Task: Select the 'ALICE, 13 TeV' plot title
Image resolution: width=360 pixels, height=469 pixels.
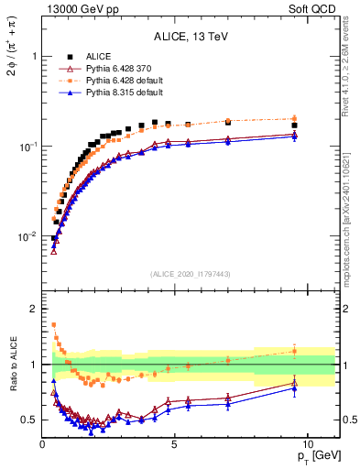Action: click(x=191, y=37)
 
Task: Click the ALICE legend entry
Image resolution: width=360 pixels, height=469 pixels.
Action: click(x=98, y=56)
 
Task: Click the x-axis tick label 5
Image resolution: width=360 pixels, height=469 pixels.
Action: click(x=175, y=443)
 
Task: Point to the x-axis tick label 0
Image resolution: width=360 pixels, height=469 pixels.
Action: click(x=43, y=443)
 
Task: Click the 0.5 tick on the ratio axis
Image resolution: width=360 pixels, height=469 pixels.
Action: click(x=29, y=420)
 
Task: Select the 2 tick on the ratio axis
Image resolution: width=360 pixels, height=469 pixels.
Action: click(x=34, y=309)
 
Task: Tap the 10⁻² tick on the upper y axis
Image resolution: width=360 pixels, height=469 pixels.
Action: click(x=26, y=236)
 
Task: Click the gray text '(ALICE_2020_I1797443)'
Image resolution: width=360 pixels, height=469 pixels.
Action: click(x=191, y=274)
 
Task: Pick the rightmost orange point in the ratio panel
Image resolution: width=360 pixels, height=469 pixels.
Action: click(x=294, y=350)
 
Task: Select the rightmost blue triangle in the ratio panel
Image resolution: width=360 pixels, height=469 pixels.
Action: click(x=294, y=388)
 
